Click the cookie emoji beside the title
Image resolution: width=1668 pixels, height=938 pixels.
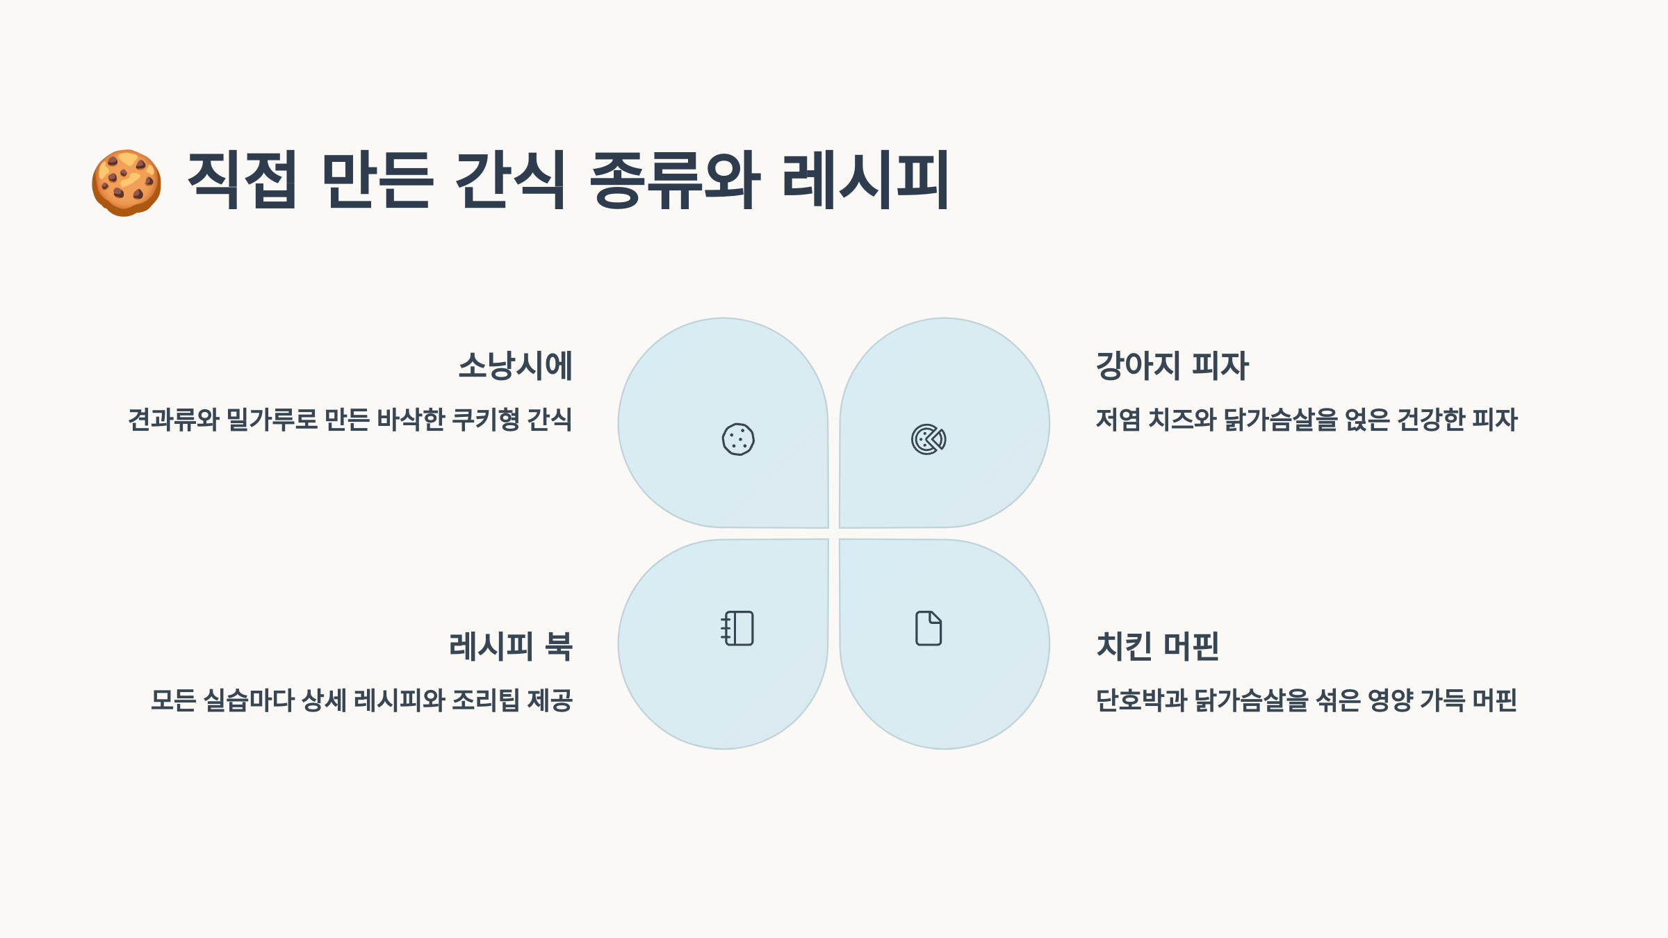point(126,183)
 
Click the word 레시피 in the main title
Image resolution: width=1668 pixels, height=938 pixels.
point(865,180)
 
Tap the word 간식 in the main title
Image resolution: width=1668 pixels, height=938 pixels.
point(510,180)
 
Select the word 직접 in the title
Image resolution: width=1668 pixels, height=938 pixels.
point(242,180)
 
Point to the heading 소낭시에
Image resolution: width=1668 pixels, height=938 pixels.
point(515,365)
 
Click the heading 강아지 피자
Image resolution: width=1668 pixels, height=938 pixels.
point(1172,365)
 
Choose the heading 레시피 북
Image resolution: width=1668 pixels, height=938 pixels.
point(511,646)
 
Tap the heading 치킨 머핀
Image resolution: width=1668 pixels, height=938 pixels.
point(1157,646)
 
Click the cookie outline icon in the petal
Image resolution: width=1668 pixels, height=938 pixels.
point(738,439)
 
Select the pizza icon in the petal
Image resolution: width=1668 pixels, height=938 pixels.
point(929,439)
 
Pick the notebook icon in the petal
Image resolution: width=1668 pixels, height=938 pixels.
point(737,628)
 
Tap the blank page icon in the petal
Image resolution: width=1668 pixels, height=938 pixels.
point(929,628)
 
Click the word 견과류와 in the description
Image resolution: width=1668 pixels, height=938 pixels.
point(174,420)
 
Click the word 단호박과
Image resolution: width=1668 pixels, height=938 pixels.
point(1141,700)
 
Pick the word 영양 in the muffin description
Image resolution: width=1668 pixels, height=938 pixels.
point(1390,700)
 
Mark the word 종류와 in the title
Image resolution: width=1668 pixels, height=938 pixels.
point(674,180)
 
